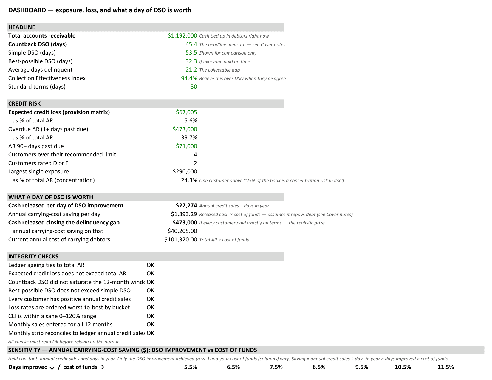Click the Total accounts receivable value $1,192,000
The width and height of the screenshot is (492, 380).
coord(182,36)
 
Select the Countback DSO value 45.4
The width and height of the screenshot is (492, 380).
coord(191,44)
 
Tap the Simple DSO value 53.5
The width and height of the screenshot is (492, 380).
coord(191,53)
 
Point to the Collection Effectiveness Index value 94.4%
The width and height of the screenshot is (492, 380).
coord(189,78)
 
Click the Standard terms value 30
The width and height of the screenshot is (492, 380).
coord(194,87)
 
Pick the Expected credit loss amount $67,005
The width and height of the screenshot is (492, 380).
coord(186,112)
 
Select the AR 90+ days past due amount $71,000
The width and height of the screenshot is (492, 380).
coord(186,146)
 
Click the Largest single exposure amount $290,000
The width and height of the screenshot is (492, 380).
coord(185,172)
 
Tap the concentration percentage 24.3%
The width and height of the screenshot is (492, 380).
coord(189,180)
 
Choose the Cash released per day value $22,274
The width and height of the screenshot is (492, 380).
coord(186,206)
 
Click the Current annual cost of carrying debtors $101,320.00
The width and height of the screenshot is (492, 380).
coord(181,239)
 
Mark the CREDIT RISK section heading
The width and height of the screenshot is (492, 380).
coord(24,104)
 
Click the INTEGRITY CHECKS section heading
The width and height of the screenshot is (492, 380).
coord(33,256)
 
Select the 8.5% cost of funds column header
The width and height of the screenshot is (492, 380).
coord(319,367)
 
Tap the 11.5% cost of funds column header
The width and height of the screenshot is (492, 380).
coord(445,367)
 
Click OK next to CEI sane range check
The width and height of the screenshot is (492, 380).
coord(150,316)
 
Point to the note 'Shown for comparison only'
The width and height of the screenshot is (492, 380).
coord(228,53)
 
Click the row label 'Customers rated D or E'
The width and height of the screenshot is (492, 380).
coord(38,163)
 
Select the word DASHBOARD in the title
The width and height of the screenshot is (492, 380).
coord(27,10)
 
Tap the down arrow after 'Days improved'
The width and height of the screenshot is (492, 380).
coord(52,367)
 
